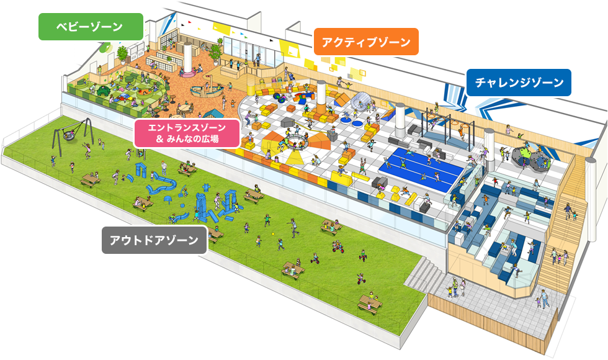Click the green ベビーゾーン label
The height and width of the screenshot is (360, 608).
coord(91,27)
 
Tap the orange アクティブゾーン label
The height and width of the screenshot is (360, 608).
coord(366,42)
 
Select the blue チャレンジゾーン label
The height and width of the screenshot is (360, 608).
coord(519,82)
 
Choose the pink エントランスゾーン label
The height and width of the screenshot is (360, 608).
coord(187,133)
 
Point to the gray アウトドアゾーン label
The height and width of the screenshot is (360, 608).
coord(153,240)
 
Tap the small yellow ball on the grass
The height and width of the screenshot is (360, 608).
coord(273,233)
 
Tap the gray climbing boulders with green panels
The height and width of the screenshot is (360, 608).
coord(532,158)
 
